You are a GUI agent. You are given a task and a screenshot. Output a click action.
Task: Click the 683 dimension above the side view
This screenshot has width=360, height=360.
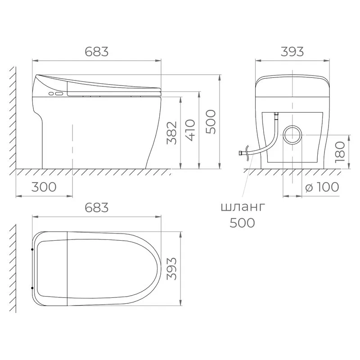[96, 52]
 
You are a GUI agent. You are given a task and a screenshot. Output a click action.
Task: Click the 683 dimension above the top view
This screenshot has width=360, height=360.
[96, 207]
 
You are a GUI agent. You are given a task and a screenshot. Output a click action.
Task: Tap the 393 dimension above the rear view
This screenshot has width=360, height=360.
[292, 52]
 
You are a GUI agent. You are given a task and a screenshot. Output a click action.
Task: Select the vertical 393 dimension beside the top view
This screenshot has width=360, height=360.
[172, 269]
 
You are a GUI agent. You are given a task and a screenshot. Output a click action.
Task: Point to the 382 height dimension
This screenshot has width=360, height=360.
[172, 133]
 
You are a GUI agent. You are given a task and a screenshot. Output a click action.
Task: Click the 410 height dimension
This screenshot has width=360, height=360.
[190, 130]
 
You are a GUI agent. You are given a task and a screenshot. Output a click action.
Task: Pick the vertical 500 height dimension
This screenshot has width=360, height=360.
[211, 122]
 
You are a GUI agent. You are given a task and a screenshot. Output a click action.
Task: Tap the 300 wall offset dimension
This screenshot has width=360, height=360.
[44, 187]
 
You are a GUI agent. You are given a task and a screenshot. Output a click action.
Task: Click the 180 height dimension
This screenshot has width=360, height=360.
[340, 152]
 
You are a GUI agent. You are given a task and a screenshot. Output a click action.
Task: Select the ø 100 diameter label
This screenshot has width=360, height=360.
[322, 187]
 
